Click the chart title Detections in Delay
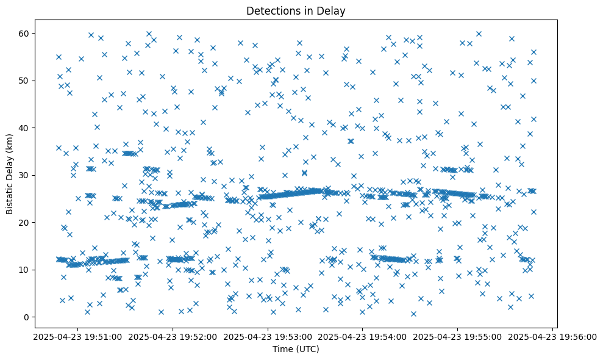click(295, 10)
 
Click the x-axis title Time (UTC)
click(295, 349)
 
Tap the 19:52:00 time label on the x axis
click(173, 336)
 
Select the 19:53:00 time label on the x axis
click(268, 336)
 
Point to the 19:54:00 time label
click(363, 336)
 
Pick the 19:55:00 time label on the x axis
click(458, 336)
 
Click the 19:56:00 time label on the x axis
click(553, 336)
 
